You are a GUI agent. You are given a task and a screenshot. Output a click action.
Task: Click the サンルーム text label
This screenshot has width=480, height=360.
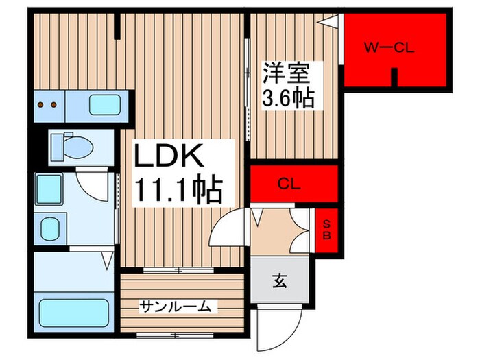click(175, 307)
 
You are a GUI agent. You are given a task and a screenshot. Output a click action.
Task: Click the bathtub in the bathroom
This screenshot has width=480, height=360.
click(73, 313)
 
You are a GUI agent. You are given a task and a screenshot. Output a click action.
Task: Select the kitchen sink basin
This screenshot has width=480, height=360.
click(105, 105)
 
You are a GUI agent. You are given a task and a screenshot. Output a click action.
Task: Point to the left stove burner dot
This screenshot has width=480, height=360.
click(41, 105)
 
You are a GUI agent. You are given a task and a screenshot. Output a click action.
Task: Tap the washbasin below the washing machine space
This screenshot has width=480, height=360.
click(50, 228)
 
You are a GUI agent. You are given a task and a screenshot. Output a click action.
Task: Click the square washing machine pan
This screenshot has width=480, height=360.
click(49, 187)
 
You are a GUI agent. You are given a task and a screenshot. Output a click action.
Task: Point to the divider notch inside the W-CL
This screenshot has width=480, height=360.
click(394, 77)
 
